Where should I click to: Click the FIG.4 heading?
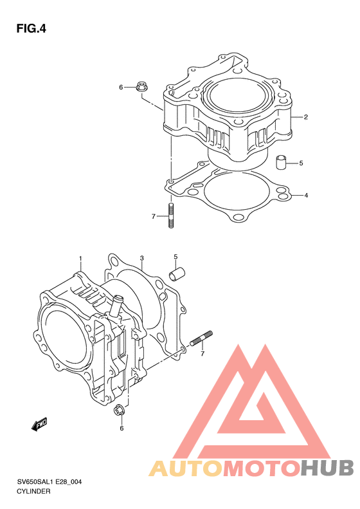pos(31,29)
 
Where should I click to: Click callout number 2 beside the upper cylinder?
pos(305,117)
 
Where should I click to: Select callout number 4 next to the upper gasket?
pos(306,196)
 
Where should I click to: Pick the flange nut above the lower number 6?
pos(118,411)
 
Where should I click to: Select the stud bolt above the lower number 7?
pos(201,338)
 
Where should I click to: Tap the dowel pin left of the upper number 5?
pos(281,162)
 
